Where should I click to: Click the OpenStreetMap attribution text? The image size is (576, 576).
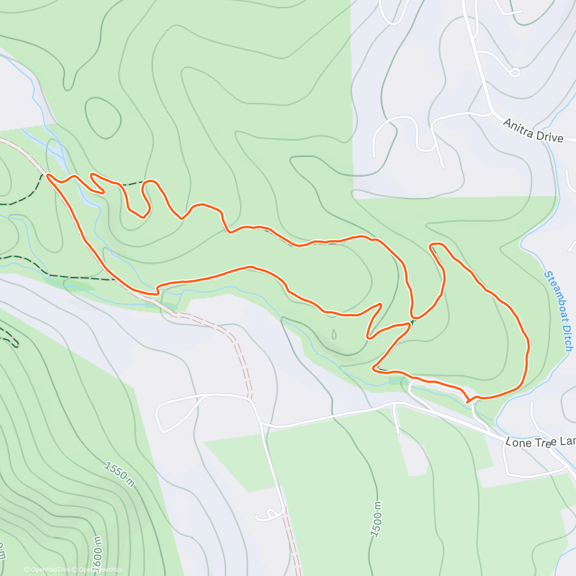pyautogui.click(x=100, y=570)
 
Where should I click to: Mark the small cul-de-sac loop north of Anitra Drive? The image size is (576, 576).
pyautogui.click(x=515, y=73)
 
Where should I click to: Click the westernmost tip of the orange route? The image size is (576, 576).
pyautogui.click(x=48, y=177)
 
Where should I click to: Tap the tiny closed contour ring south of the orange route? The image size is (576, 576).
pyautogui.click(x=334, y=333)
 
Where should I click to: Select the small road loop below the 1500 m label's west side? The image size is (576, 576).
pyautogui.click(x=269, y=515)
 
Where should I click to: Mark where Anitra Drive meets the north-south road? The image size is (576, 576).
pyautogui.click(x=491, y=113)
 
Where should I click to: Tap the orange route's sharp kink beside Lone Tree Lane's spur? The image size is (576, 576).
pyautogui.click(x=468, y=400)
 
